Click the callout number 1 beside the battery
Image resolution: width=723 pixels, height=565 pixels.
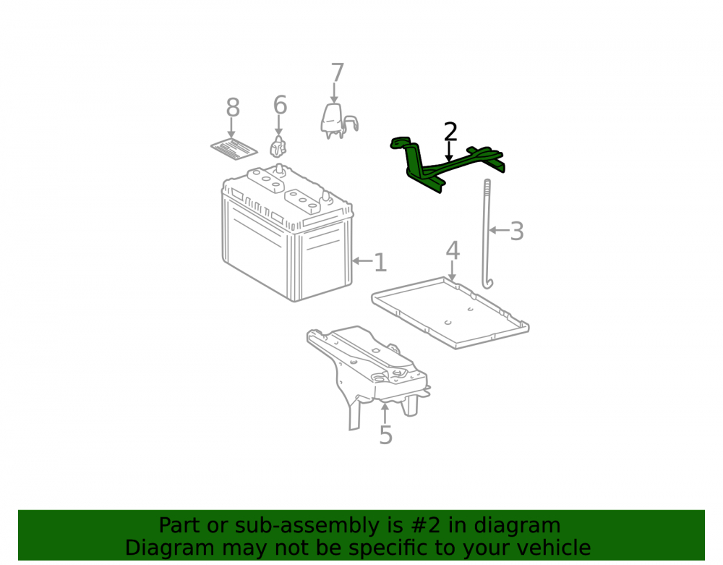(x=380, y=262)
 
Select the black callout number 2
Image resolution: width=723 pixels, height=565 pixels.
(x=450, y=132)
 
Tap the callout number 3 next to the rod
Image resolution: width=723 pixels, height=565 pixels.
(x=517, y=231)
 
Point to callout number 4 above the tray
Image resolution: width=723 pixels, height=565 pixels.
(x=453, y=251)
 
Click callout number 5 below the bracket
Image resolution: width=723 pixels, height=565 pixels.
(x=385, y=435)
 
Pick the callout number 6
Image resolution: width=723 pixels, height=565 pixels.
(x=280, y=105)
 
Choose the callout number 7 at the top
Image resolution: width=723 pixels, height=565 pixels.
(x=338, y=73)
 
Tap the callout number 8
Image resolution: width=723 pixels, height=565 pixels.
(x=233, y=108)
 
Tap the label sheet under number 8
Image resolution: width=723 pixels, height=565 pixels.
(x=234, y=148)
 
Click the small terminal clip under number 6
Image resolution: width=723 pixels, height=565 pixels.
(x=278, y=147)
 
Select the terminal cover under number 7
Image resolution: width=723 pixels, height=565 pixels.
(x=338, y=122)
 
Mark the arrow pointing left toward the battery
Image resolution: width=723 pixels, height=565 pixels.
(x=362, y=261)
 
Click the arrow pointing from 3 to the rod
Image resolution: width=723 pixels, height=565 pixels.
(x=500, y=230)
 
